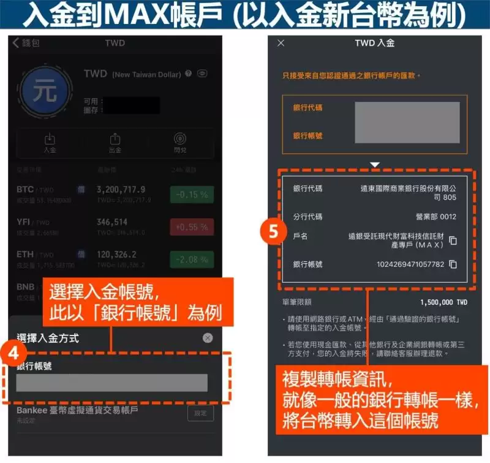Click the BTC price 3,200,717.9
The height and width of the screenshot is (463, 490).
[x=121, y=189]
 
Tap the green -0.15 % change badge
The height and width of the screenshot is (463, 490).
[x=192, y=194]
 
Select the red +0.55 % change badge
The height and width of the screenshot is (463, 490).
[x=192, y=226]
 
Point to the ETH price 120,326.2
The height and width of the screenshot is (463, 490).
[x=118, y=254]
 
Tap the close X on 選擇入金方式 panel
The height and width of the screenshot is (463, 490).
[x=208, y=338]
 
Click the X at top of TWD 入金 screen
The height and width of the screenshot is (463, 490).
[x=281, y=43]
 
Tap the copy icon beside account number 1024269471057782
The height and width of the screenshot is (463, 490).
[x=453, y=264]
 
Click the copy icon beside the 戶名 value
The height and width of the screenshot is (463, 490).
[x=453, y=240]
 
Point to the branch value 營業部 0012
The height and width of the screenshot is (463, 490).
[x=435, y=216]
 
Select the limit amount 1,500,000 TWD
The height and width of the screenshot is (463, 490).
[x=443, y=302]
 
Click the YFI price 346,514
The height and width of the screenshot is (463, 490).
[x=112, y=222]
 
